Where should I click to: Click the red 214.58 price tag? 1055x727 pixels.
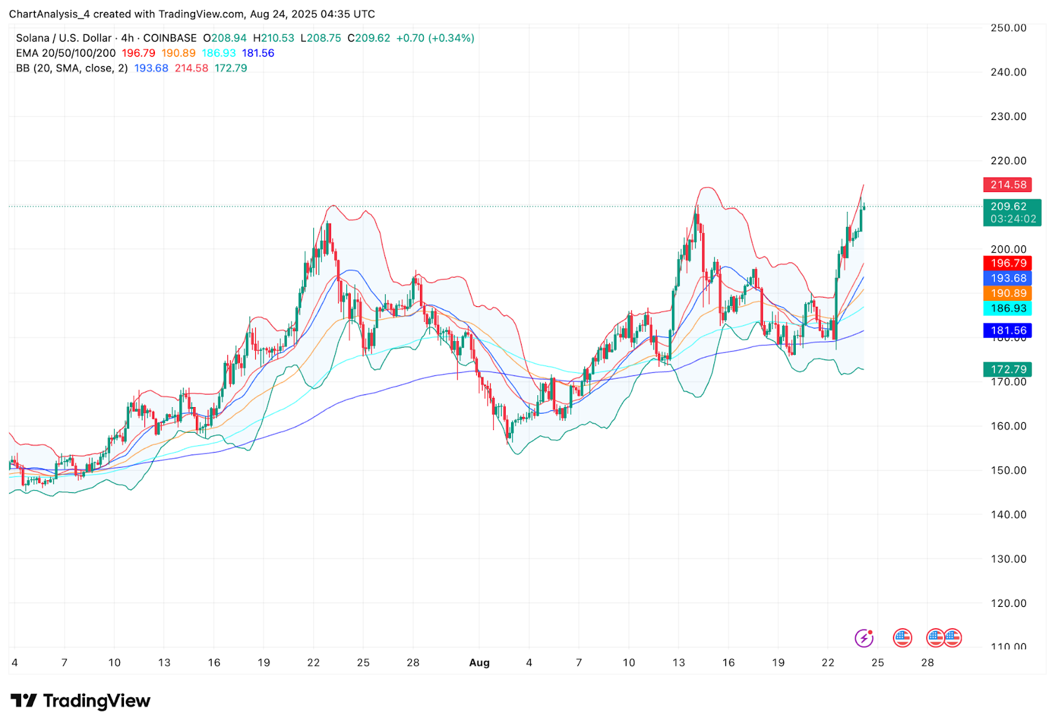point(1008,185)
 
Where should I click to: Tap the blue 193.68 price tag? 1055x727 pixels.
point(1008,278)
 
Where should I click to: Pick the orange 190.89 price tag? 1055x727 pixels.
point(1008,294)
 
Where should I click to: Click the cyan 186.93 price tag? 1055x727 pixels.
point(1008,309)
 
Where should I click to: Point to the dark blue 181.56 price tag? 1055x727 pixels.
point(1008,331)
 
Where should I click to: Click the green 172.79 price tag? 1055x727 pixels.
point(1008,369)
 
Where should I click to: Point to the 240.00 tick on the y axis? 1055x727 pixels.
point(1008,73)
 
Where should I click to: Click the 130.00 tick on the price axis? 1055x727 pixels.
point(1008,559)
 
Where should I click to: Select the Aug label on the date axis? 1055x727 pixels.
point(479,663)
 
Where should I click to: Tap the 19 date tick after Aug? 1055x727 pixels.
point(778,663)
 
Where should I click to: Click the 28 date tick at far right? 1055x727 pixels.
point(927,663)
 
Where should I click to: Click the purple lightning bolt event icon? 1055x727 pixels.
point(864,638)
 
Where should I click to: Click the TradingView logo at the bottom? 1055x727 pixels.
point(80,701)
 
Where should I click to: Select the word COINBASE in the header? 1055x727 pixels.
point(169,38)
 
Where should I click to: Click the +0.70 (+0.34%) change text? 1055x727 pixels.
point(435,38)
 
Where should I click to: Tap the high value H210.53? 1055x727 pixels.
point(274,38)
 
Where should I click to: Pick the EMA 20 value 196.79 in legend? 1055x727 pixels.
point(138,53)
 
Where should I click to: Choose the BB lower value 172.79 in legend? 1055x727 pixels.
point(231,69)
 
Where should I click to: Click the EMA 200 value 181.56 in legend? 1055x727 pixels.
point(258,53)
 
